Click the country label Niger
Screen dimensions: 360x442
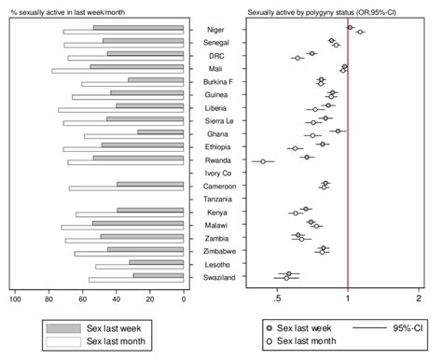pos(214,30)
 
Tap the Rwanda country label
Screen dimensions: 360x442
pos(214,159)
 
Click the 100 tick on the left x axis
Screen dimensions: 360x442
pos(15,298)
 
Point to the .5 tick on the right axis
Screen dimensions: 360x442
pos(277,298)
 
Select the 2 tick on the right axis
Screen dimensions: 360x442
pos(419,298)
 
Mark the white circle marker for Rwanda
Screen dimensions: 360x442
pos(263,161)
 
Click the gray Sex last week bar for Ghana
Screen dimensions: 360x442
pos(160,132)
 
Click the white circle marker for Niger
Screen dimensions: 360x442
pos(361,33)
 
